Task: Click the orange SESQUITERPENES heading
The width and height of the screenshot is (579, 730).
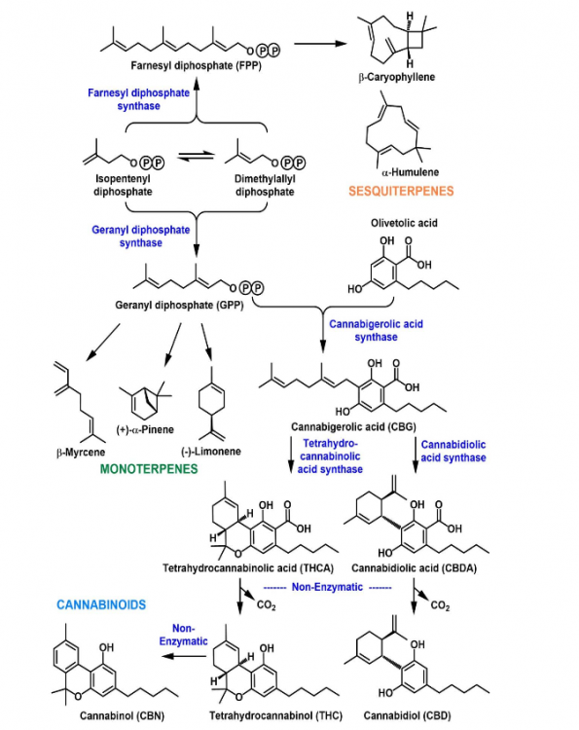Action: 401,191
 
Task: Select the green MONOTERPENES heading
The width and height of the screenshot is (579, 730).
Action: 149,469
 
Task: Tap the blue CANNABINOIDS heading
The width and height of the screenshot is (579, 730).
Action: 101,604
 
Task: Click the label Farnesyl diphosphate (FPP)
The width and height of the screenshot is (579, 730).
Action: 196,65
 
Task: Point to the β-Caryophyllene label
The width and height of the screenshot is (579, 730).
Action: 397,77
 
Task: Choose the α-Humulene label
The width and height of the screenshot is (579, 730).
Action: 410,172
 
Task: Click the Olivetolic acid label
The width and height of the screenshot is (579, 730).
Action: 404,223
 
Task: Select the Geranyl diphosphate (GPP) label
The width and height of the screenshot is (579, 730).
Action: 179,306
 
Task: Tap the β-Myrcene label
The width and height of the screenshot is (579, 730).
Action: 81,452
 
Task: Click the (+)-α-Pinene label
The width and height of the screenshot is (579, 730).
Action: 145,429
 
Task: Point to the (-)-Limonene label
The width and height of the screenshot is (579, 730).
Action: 211,451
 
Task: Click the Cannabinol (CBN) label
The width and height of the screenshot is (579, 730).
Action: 122,715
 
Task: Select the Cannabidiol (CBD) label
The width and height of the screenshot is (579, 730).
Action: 408,715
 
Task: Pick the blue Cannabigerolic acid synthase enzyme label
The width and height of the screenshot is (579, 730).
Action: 376,331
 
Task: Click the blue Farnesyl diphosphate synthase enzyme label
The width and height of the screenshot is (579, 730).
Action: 139,99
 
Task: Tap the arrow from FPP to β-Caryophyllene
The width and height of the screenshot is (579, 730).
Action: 321,44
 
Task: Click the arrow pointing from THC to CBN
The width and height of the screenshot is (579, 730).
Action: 184,656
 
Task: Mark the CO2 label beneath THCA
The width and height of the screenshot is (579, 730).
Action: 267,604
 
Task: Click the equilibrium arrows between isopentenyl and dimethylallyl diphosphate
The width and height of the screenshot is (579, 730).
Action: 196,157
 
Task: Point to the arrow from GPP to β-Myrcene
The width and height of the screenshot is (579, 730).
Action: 103,343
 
